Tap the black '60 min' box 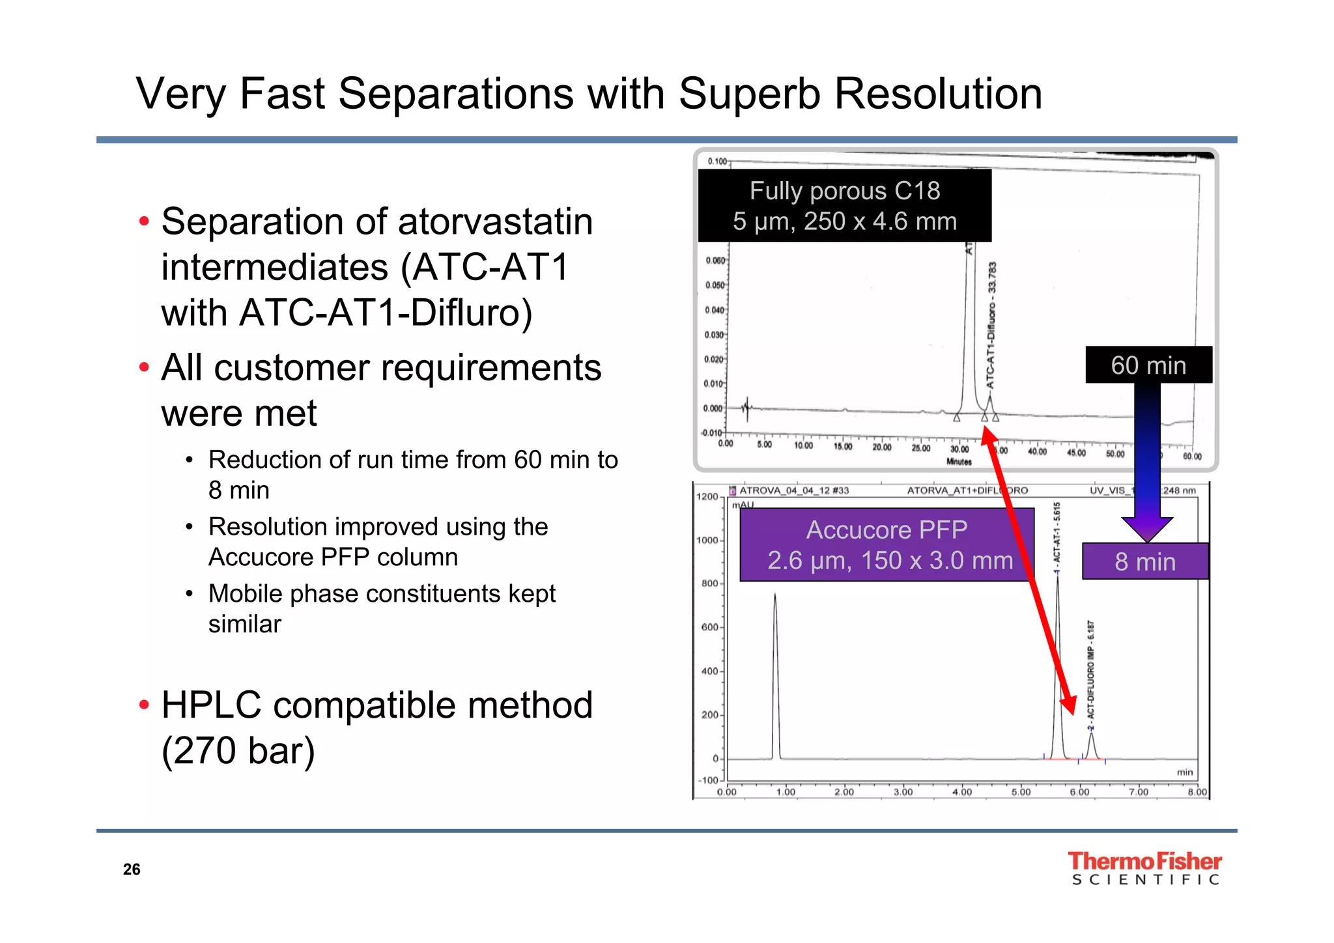point(1148,365)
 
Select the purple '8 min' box point(1144,561)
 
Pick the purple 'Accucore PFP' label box point(887,544)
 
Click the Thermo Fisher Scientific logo point(1144,868)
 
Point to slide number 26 point(132,869)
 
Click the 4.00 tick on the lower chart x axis point(961,793)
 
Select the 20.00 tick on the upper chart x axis point(882,447)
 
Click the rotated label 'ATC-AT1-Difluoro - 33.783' point(991,326)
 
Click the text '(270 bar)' point(238,751)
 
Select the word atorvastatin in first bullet point(495,222)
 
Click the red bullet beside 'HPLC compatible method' point(145,705)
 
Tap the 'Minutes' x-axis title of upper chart point(959,462)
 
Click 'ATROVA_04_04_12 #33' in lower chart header point(794,490)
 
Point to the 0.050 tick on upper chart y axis point(715,285)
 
